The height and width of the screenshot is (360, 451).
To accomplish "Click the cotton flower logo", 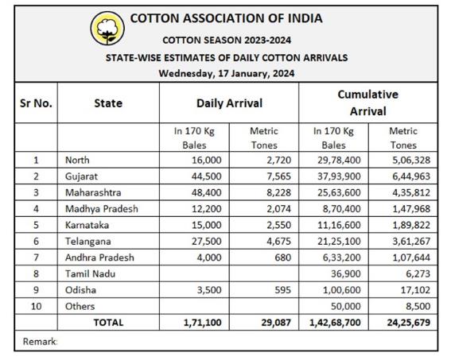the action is [107, 28].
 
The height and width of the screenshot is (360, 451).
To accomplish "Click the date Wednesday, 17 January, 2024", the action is [227, 74].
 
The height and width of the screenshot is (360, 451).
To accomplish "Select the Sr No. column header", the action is [36, 103].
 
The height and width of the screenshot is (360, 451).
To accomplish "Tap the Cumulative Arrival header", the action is [367, 103].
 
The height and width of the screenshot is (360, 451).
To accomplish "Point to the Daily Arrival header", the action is [229, 103].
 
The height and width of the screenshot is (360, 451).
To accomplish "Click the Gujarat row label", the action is [81, 176].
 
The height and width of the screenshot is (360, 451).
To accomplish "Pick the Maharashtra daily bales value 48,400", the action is [207, 192].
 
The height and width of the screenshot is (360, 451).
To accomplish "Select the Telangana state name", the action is [88, 242].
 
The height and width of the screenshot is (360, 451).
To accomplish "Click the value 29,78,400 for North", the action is [339, 160].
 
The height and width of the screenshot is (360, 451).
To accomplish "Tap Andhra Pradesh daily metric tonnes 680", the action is [282, 257].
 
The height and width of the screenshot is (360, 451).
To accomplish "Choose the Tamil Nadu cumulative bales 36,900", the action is [345, 273].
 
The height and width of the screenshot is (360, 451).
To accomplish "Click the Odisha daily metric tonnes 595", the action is [282, 290].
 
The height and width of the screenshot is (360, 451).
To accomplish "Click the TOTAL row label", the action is [108, 323].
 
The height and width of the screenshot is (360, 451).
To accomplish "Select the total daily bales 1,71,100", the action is [203, 323].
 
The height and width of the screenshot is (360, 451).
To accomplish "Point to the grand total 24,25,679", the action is [408, 323].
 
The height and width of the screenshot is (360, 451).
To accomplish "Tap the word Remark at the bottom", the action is [40, 342].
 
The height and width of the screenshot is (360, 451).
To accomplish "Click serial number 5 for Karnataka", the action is [36, 225].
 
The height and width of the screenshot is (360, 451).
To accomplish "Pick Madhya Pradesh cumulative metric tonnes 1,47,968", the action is [411, 208].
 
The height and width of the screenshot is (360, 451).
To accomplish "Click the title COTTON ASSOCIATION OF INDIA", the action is [227, 18].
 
